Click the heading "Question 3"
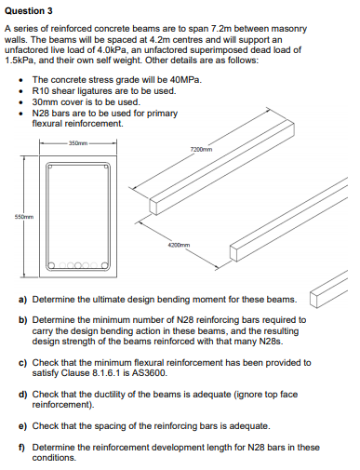click(x=31, y=10)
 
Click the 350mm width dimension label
click(x=77, y=143)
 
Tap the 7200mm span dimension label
click(x=201, y=149)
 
